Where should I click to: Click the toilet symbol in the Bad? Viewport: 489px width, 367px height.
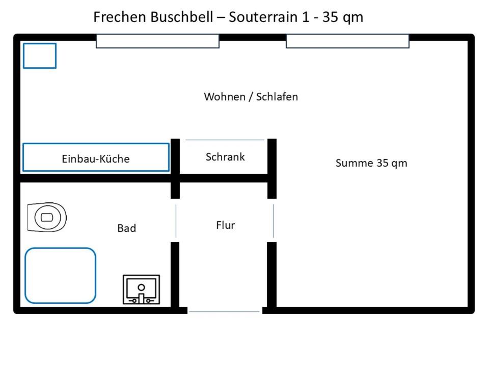coord(47,217)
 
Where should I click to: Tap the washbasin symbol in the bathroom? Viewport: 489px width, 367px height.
coord(141,290)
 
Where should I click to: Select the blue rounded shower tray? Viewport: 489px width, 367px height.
coord(60,275)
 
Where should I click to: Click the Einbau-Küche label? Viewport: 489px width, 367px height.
coord(96,159)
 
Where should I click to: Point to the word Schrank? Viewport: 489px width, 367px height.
coord(225,156)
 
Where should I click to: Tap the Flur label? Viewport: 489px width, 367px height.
coord(225,225)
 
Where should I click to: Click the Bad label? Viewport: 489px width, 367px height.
coord(126,228)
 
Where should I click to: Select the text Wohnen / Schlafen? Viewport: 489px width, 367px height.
coord(251,96)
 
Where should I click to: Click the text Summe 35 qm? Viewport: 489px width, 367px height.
coord(371,163)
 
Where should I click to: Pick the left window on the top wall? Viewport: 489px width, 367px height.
coord(157,41)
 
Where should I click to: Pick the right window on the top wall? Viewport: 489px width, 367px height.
coord(347,41)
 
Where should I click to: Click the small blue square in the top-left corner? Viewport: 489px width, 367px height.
coord(39,56)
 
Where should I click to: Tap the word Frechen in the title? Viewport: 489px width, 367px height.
coord(119,17)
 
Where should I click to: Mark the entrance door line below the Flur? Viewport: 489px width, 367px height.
coord(224,311)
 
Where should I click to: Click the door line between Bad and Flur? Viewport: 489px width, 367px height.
coord(176,221)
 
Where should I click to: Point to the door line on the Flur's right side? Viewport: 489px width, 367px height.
coord(273,221)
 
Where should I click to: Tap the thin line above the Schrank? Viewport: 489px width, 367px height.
coord(225,140)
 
